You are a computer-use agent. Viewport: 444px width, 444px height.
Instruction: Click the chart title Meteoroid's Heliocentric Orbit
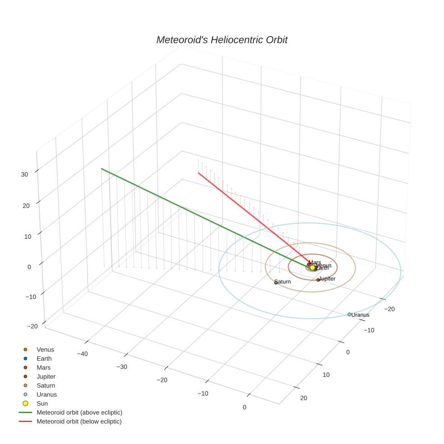tap(222, 40)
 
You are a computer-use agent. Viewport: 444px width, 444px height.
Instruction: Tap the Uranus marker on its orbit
tap(349, 314)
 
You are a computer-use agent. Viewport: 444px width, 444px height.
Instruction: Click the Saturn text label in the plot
tap(282, 282)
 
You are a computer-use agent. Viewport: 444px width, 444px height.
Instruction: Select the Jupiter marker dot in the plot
tap(318, 280)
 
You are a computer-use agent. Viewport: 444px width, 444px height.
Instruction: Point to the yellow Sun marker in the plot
tap(312, 268)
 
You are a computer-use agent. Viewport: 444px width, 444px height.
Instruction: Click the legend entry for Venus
tap(45, 350)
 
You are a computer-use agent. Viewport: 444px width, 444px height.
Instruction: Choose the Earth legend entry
tap(44, 359)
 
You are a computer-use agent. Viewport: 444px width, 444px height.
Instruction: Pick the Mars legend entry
tap(44, 368)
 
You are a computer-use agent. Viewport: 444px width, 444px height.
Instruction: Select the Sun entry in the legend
tap(42, 403)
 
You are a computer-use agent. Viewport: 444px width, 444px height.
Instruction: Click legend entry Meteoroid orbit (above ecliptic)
tap(79, 412)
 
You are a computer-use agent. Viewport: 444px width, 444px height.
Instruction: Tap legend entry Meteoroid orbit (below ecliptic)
tap(79, 421)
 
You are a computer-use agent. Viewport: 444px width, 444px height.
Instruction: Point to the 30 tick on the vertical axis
tap(25, 174)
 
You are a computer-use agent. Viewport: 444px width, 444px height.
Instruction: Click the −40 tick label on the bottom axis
tap(82, 354)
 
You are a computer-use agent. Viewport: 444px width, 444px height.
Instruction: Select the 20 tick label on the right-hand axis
tap(303, 398)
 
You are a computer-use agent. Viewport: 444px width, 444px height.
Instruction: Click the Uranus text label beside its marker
tap(361, 315)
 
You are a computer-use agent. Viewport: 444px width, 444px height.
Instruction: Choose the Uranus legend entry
tap(46, 394)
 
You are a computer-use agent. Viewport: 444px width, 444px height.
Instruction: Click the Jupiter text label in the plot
tap(327, 279)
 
